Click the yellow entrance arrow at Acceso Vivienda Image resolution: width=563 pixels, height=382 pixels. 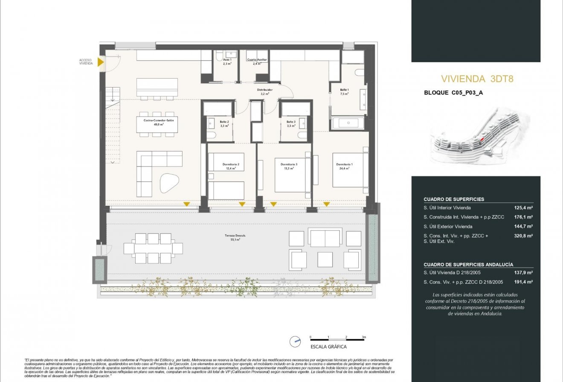tap(101, 62)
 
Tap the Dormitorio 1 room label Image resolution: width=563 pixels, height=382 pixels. tap(344, 166)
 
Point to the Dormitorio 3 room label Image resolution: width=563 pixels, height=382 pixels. tap(289, 166)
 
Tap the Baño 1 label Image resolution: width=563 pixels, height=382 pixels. tap(344, 92)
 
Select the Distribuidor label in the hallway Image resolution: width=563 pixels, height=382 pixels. tap(264, 92)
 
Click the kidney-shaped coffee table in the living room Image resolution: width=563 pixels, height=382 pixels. tap(169, 184)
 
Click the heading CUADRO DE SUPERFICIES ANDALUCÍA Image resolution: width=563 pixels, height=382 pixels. tap(468, 265)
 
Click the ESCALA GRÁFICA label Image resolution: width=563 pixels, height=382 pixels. tap(328, 347)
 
